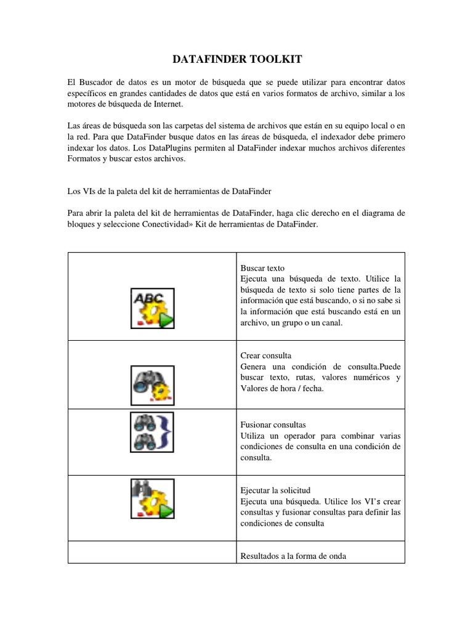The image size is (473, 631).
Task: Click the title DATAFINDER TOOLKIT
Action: click(236, 59)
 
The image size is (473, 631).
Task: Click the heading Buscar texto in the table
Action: click(262, 269)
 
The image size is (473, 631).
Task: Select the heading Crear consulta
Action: click(265, 356)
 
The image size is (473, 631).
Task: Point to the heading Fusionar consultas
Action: click(272, 425)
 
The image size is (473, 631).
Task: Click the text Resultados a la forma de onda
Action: click(293, 556)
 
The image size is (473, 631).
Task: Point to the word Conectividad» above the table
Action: click(150, 225)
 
